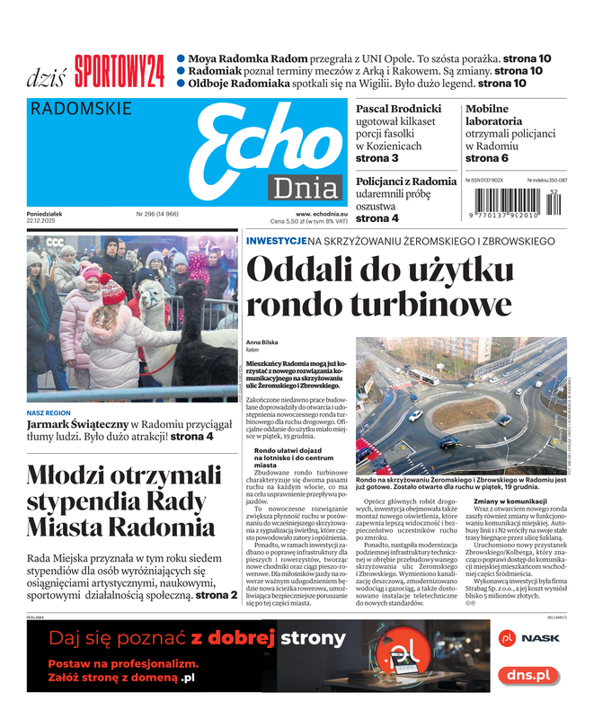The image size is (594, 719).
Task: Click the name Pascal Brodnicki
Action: coord(399,109)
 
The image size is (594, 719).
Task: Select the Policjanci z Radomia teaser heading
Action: coord(406,182)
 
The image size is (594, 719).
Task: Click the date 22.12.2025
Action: coord(42,221)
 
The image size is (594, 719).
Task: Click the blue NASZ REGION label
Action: coord(49,413)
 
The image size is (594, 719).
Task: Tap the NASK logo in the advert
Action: coord(530,638)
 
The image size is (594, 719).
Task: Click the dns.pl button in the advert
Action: coord(529,673)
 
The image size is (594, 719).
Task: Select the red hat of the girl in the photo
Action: coord(113,289)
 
